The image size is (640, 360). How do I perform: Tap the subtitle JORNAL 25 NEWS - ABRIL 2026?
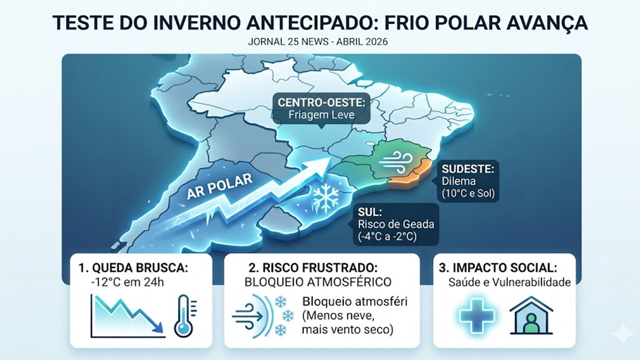317,41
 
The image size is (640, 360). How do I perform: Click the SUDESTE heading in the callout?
468,169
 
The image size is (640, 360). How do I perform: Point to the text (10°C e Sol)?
468,193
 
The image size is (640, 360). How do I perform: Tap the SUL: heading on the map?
369,212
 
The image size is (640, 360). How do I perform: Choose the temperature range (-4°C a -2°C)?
387,236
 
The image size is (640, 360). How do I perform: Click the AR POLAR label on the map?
219,186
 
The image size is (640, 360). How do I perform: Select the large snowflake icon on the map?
325,198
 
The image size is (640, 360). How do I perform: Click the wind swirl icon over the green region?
395,162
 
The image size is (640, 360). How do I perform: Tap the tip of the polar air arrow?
331,158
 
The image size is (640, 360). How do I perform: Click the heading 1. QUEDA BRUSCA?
133,268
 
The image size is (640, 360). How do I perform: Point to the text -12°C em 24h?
127,282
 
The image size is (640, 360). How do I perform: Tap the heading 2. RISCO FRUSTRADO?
313,268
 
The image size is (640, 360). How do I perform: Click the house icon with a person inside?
531,315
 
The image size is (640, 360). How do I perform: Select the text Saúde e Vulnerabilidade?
509,282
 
